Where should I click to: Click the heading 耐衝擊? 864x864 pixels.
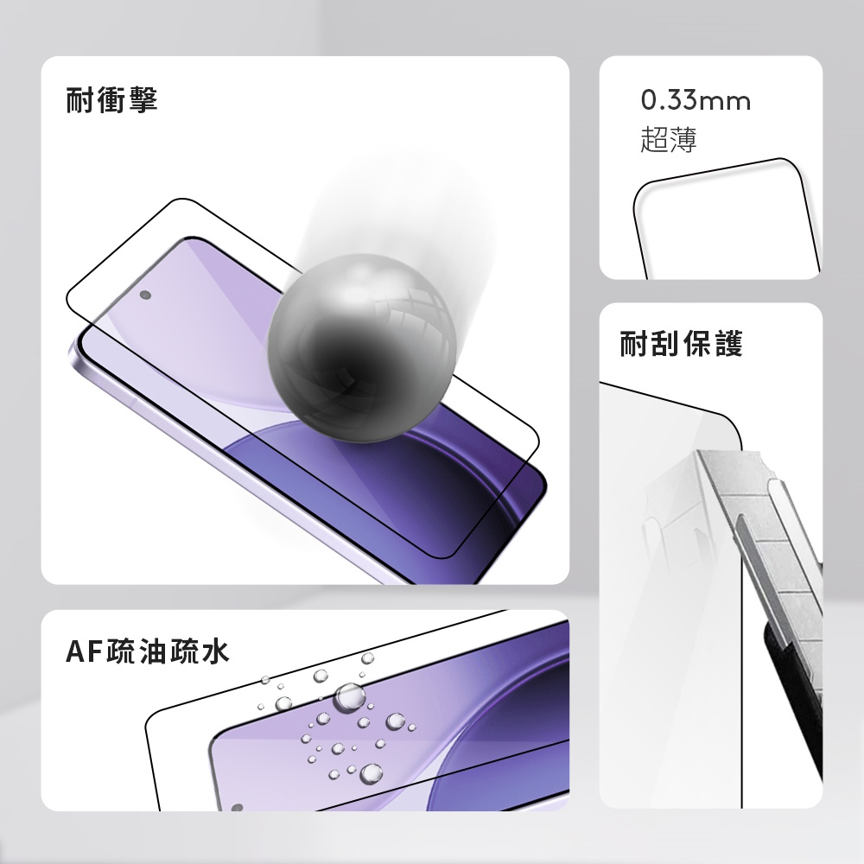[111, 100]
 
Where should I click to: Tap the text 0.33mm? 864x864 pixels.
[696, 101]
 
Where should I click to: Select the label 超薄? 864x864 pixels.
[669, 139]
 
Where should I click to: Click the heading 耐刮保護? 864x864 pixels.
[681, 344]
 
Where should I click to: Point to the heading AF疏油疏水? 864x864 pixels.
[147, 651]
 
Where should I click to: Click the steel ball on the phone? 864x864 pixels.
[362, 348]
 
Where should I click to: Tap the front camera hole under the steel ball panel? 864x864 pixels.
[146, 295]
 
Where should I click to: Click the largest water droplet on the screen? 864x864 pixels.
[350, 696]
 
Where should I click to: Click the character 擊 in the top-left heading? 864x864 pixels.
[143, 100]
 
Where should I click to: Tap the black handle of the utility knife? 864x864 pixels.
[793, 695]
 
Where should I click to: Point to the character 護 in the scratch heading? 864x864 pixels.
[728, 344]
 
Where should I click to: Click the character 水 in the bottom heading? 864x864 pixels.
[215, 651]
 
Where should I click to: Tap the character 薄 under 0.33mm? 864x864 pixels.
[683, 139]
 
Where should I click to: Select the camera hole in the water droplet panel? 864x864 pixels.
[237, 808]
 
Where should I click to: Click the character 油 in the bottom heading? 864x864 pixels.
[153, 651]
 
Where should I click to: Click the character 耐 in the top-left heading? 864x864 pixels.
[79, 100]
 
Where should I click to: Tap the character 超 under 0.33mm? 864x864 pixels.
[654, 139]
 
